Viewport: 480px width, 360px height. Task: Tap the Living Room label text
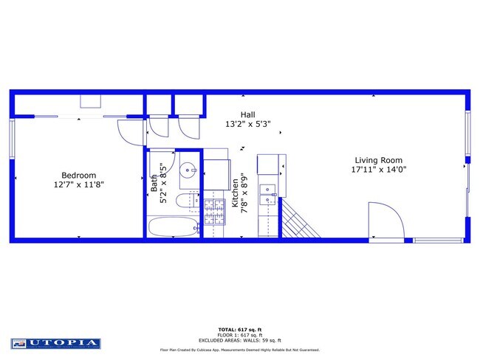pyautogui.click(x=378, y=160)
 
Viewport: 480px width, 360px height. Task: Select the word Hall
pyautogui.click(x=247, y=114)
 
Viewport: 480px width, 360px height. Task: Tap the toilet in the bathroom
pyautogui.click(x=183, y=202)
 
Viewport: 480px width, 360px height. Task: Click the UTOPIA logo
pyautogui.click(x=55, y=343)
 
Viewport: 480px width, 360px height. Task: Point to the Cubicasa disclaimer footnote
pyautogui.click(x=240, y=350)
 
